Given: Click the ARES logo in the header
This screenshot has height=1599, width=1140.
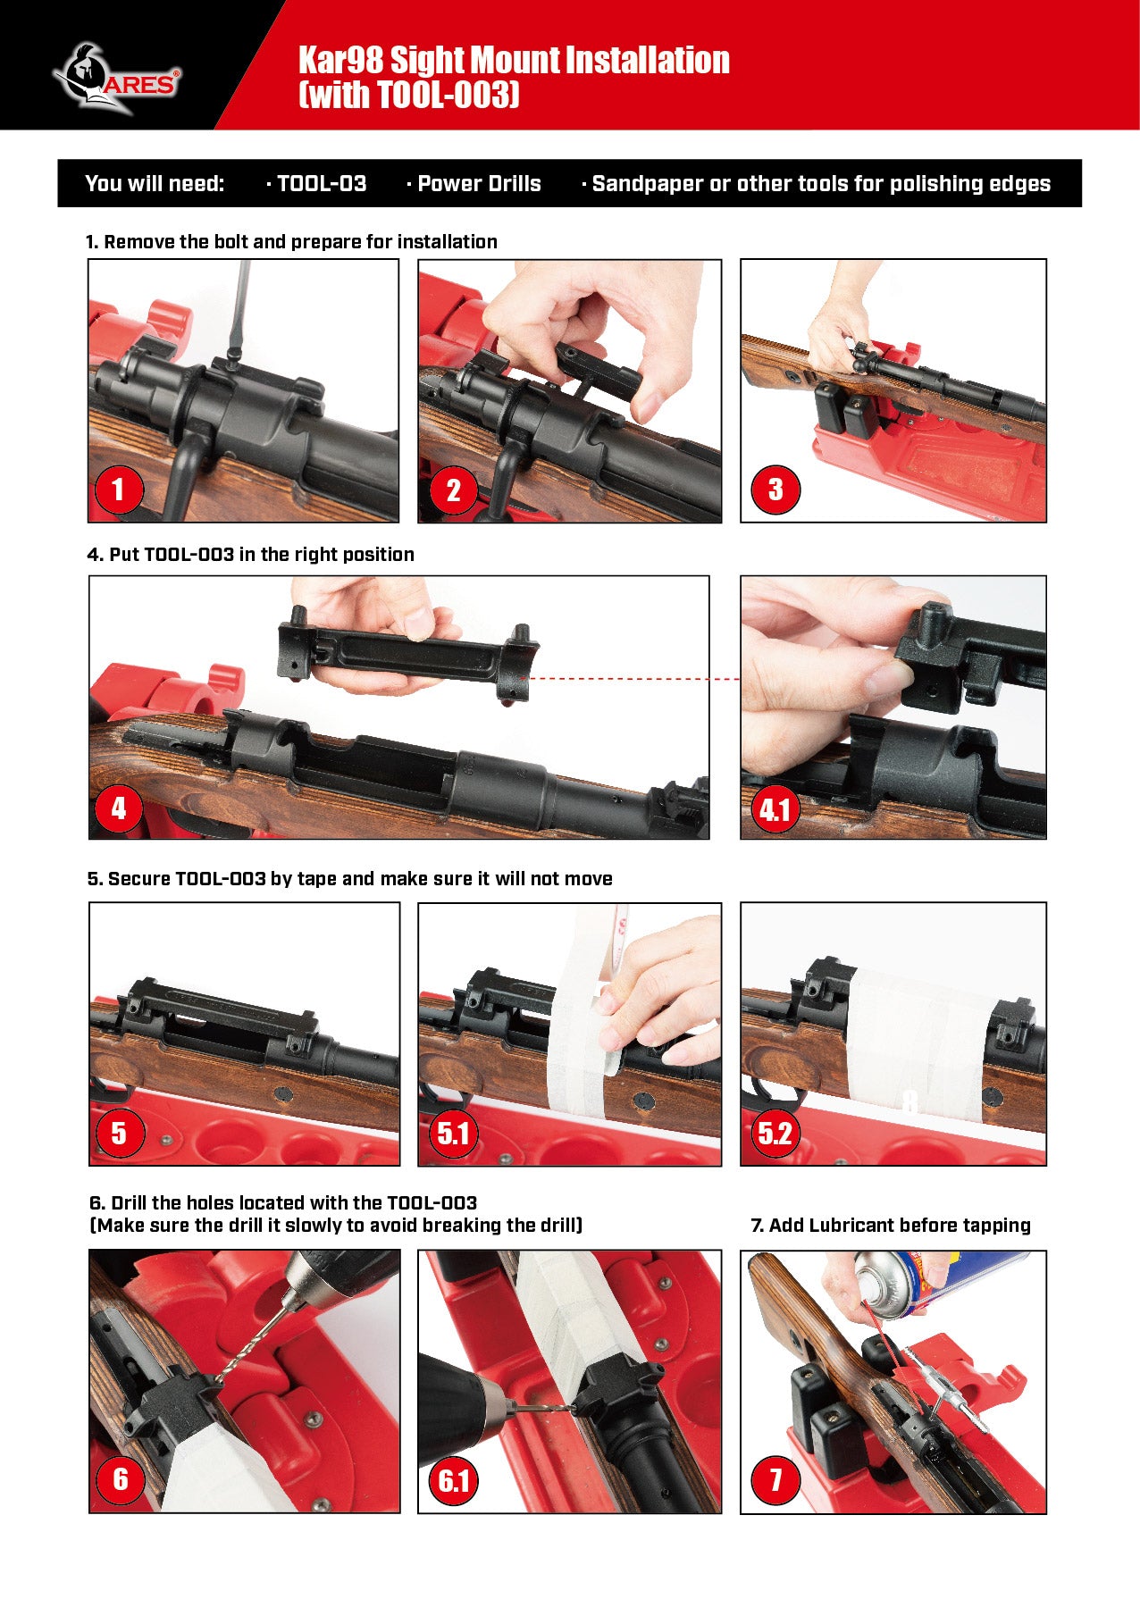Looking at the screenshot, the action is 116,79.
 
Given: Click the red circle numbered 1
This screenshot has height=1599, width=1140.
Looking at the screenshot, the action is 118,490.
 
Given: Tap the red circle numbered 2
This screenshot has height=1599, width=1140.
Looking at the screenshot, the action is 453,490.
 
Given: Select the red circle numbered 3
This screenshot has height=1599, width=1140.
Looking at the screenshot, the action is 775,490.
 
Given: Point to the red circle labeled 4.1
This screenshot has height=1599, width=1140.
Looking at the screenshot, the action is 775,809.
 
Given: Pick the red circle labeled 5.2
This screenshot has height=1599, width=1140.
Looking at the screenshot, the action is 775,1134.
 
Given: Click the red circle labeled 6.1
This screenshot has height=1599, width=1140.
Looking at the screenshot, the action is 453,1481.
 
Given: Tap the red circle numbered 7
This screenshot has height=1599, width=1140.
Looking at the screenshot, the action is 775,1481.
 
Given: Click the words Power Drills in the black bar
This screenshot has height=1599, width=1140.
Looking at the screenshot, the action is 479,183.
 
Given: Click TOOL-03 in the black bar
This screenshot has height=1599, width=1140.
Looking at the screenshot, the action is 322,183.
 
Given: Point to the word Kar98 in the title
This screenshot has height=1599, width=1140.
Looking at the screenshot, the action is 340,60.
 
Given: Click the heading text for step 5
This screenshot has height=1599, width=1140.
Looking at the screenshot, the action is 350,878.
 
